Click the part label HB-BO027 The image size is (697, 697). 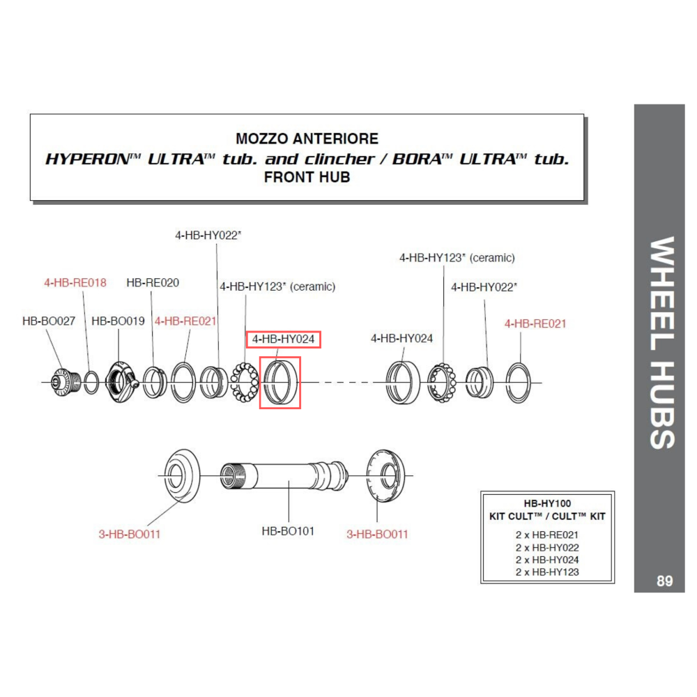(49, 321)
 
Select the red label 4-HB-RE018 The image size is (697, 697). (75, 282)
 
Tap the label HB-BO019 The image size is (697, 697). (118, 321)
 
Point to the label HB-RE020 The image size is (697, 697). (153, 282)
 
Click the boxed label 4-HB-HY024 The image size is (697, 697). (284, 339)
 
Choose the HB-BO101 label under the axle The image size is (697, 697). (288, 531)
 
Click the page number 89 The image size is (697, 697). (664, 581)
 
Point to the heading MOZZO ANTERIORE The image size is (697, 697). (307, 139)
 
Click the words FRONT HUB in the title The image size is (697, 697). (307, 178)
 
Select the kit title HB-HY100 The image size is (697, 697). (547, 503)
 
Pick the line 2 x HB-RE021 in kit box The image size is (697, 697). (547, 535)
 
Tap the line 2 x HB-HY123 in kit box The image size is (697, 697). (547, 572)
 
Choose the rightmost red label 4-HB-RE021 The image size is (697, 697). (535, 323)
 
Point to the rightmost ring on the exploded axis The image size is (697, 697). (520, 382)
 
